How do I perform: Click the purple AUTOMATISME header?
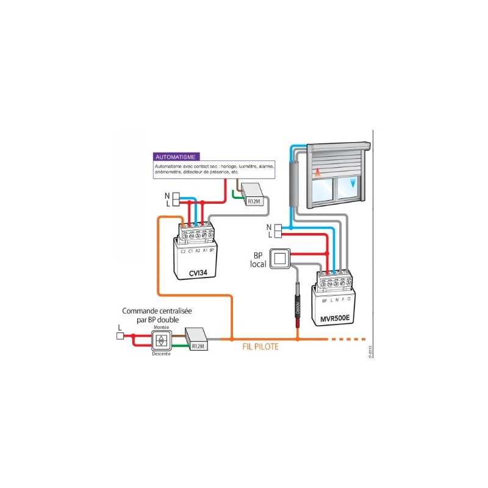point(176,157)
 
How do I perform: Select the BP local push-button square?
point(280,258)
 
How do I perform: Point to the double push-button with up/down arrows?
point(161,342)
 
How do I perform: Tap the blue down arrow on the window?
point(353,184)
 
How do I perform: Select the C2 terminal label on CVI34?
point(183,251)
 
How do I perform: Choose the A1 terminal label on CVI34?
point(205,251)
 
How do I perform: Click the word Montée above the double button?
point(162,328)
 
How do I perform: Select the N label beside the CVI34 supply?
point(167,196)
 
